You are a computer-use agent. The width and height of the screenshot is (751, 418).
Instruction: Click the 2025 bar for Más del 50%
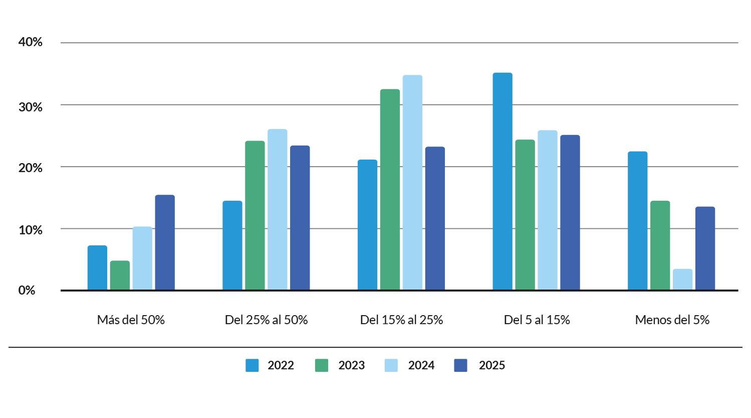pyautogui.click(x=165, y=242)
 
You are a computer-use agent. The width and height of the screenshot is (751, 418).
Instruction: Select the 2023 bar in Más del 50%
pyautogui.click(x=120, y=275)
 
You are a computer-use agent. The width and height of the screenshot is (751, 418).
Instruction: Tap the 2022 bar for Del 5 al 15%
pyautogui.click(x=503, y=181)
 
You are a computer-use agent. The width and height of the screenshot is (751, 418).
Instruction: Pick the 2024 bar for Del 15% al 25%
pyautogui.click(x=412, y=182)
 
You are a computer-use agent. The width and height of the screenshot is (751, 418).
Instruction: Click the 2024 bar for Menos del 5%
pyautogui.click(x=682, y=280)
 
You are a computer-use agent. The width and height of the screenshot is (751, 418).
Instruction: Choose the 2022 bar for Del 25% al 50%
pyautogui.click(x=232, y=245)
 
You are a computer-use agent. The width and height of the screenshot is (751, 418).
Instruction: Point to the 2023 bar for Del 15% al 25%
pyautogui.click(x=390, y=189)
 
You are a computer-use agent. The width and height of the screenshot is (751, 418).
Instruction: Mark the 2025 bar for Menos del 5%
pyautogui.click(x=705, y=248)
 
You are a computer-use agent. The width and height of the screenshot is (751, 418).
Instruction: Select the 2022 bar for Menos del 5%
pyautogui.click(x=638, y=221)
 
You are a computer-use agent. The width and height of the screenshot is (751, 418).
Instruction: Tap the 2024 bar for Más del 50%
pyautogui.click(x=142, y=258)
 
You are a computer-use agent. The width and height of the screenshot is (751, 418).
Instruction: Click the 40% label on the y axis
pyautogui.click(x=31, y=42)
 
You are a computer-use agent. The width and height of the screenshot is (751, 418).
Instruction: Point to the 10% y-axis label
pyautogui.click(x=31, y=230)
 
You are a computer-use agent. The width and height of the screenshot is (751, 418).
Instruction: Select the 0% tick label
pyautogui.click(x=27, y=291)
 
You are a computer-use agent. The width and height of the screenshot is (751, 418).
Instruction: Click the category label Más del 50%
pyautogui.click(x=131, y=320)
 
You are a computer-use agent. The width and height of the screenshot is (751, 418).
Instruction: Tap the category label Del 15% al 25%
pyautogui.click(x=401, y=320)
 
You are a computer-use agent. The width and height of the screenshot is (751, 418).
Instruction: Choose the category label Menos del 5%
pyautogui.click(x=672, y=320)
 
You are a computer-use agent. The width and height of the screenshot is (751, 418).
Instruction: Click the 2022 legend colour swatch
pyautogui.click(x=252, y=365)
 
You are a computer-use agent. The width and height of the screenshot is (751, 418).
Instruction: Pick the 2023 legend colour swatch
pyautogui.click(x=322, y=365)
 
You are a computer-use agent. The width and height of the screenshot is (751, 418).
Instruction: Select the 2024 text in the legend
pyautogui.click(x=421, y=365)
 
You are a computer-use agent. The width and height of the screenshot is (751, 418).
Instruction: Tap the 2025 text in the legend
pyautogui.click(x=492, y=365)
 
